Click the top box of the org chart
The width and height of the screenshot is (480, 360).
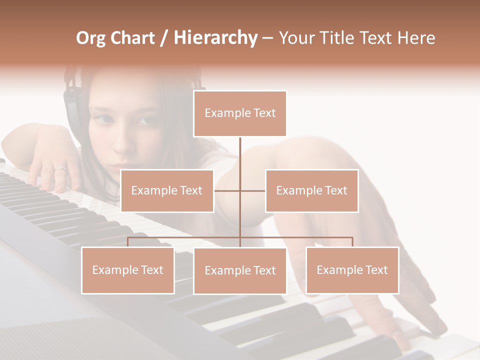(240, 113)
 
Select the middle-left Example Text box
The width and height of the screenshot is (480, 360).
(167, 190)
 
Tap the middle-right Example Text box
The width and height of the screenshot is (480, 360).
(311, 190)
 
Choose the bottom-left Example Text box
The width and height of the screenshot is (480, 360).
(128, 270)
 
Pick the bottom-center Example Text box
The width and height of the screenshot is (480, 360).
(240, 270)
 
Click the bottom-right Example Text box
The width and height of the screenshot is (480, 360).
(352, 270)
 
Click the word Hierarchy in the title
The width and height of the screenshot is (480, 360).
(215, 38)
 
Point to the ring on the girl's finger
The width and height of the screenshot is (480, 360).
(60, 169)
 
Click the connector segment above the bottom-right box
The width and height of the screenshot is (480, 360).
(352, 242)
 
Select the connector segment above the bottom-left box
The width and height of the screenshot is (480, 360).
(128, 242)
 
